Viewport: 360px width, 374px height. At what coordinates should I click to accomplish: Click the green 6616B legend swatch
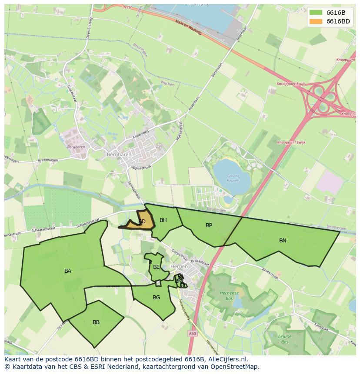click(x=316, y=12)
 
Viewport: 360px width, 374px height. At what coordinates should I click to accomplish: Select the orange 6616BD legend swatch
click(x=316, y=21)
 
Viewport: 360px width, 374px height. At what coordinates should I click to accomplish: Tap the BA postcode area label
click(x=68, y=271)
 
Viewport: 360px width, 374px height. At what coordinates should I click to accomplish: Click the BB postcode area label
click(x=96, y=322)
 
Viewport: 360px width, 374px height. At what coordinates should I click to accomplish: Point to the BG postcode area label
click(x=157, y=298)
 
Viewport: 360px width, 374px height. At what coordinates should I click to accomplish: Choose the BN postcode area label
click(x=283, y=241)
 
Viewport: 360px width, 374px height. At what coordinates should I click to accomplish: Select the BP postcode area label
click(x=209, y=225)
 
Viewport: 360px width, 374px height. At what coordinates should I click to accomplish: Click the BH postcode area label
click(x=163, y=220)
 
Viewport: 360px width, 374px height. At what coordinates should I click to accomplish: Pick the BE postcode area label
click(x=157, y=267)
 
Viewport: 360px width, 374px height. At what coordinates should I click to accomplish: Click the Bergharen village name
click(x=117, y=154)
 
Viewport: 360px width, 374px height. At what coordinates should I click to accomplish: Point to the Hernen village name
click(x=179, y=266)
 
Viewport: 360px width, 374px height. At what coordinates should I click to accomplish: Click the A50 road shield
click(x=192, y=333)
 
